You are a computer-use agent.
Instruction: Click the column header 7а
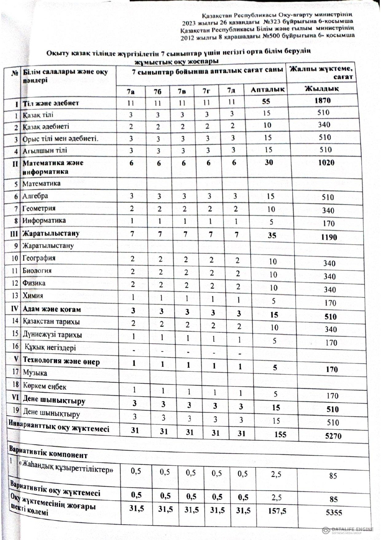click(131, 91)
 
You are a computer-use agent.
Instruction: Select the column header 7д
click(231, 90)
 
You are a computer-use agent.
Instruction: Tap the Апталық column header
click(268, 90)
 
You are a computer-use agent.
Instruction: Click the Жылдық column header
click(322, 89)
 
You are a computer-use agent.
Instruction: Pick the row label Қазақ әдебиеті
click(46, 126)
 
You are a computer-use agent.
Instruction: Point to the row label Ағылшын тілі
click(45, 151)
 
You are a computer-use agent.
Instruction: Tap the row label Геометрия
click(39, 208)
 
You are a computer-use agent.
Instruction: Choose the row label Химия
click(33, 296)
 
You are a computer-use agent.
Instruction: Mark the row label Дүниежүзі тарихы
click(52, 334)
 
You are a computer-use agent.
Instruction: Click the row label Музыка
click(35, 373)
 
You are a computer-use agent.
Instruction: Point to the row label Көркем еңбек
click(45, 386)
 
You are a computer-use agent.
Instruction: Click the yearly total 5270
click(333, 436)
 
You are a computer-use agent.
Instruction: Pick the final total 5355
click(334, 512)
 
